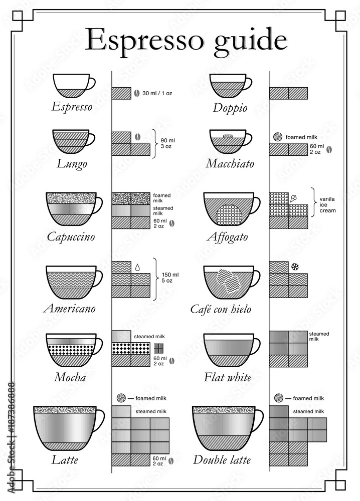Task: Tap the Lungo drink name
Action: coord(72,164)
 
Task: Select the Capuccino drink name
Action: coord(71,236)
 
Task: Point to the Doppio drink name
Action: coord(230,107)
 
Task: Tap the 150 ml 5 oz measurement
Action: coord(168,278)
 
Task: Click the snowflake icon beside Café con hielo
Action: coord(294,266)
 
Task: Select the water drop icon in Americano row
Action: coord(136,267)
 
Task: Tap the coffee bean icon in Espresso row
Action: coord(135,93)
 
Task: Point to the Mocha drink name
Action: coord(68,377)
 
